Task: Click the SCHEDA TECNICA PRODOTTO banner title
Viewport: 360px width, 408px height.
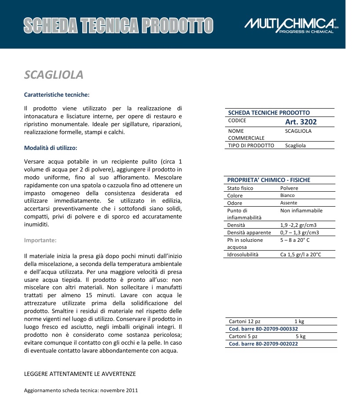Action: click(118, 25)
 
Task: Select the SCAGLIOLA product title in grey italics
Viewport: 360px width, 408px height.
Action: click(54, 75)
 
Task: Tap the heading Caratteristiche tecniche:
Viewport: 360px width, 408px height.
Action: click(57, 95)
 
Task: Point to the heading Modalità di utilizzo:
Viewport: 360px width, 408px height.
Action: click(51, 148)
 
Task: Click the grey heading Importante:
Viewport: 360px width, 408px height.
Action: click(40, 240)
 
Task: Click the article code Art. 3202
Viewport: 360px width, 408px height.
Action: click(301, 122)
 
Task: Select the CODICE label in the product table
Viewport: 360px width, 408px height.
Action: click(237, 120)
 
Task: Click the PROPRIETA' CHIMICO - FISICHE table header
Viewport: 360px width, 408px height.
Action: click(269, 180)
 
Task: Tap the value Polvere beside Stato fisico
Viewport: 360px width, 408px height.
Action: click(289, 188)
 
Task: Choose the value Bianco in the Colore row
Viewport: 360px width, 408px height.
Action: click(287, 196)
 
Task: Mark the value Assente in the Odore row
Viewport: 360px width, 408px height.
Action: click(289, 203)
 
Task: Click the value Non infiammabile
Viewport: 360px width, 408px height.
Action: click(301, 211)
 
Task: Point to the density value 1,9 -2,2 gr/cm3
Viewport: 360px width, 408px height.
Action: click(299, 225)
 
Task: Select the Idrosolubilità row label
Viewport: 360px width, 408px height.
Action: click(243, 255)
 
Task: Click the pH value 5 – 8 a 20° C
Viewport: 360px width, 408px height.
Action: click(295, 240)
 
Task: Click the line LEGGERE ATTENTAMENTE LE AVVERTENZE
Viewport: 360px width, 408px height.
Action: click(80, 374)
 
